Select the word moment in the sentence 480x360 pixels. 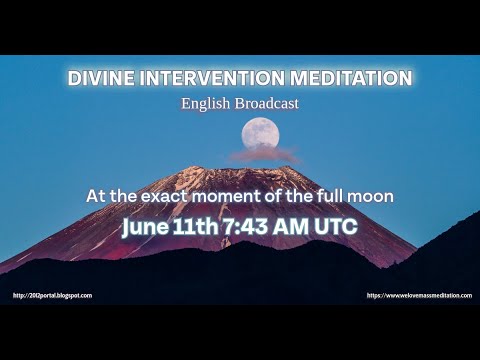pos(240,197)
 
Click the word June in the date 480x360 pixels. pos(144,226)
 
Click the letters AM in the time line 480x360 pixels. pos(298,226)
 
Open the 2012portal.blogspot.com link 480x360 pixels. pos(52,295)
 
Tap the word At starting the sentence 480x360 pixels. pos(97,197)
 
